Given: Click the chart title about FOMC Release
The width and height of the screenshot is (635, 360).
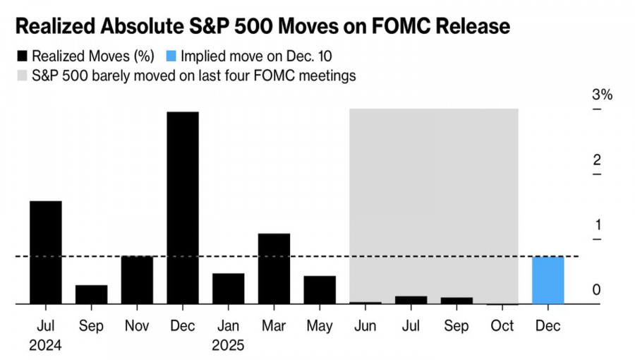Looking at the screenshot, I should pyautogui.click(x=262, y=27).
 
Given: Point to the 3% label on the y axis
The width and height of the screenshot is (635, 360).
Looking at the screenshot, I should pyautogui.click(x=602, y=95).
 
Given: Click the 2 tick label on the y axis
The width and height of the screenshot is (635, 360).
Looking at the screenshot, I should pyautogui.click(x=597, y=160).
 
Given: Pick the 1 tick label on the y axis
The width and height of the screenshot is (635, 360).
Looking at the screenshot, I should pyautogui.click(x=597, y=225).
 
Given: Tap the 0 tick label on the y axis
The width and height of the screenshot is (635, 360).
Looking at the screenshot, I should pyautogui.click(x=597, y=290).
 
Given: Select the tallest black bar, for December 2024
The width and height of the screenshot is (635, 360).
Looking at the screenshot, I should pyautogui.click(x=182, y=208).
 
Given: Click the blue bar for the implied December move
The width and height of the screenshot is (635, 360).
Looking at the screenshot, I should pyautogui.click(x=548, y=280).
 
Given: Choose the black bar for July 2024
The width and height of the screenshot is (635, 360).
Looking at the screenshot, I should pyautogui.click(x=45, y=253).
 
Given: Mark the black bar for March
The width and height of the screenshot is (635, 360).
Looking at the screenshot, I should pyautogui.click(x=274, y=269).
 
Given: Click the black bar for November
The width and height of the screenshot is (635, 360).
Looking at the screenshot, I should pyautogui.click(x=137, y=280).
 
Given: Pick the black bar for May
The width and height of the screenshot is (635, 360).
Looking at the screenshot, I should pyautogui.click(x=320, y=290).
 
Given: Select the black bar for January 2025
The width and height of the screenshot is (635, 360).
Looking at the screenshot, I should pyautogui.click(x=228, y=289).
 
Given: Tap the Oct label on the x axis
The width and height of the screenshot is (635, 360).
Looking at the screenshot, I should pyautogui.click(x=502, y=327).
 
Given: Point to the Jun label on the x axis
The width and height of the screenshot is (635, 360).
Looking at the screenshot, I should pyautogui.click(x=365, y=327).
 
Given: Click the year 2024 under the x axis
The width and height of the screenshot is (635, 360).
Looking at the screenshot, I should pyautogui.click(x=45, y=347).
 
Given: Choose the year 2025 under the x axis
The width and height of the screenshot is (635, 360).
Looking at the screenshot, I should pyautogui.click(x=228, y=347).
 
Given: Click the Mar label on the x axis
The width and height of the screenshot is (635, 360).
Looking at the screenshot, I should pyautogui.click(x=274, y=327).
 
